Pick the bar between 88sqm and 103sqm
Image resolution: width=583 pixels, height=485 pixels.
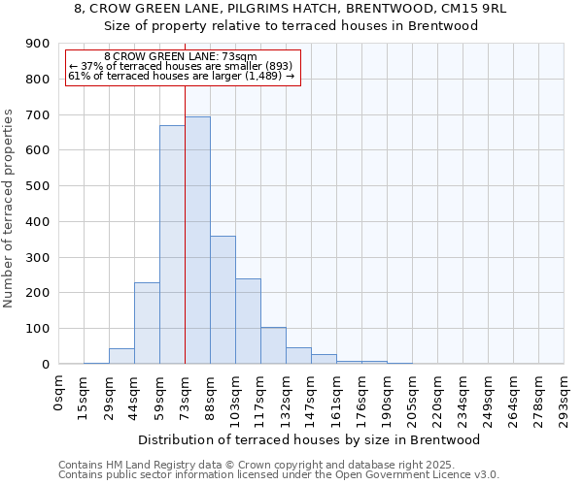coord(223,300)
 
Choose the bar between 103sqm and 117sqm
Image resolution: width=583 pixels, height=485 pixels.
coord(248,321)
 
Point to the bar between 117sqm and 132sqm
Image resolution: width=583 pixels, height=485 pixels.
coord(273,345)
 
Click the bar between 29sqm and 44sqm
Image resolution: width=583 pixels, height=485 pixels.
coord(121,356)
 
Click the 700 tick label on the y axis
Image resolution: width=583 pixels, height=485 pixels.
coord(37,115)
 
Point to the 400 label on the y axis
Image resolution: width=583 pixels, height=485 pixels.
coord(37,222)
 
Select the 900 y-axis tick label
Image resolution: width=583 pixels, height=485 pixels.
coord(37,44)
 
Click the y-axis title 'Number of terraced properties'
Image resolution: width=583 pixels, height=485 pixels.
coord(9,209)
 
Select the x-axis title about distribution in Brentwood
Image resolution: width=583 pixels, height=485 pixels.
coord(311,439)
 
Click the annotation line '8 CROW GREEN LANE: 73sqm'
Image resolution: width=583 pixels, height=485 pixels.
coord(180,57)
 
